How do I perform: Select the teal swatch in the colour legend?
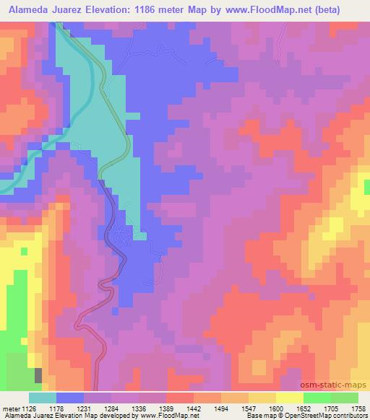(42, 397)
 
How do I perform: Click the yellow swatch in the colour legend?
(289, 397)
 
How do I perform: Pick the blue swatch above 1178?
(70, 397)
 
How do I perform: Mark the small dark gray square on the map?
(38, 375)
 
